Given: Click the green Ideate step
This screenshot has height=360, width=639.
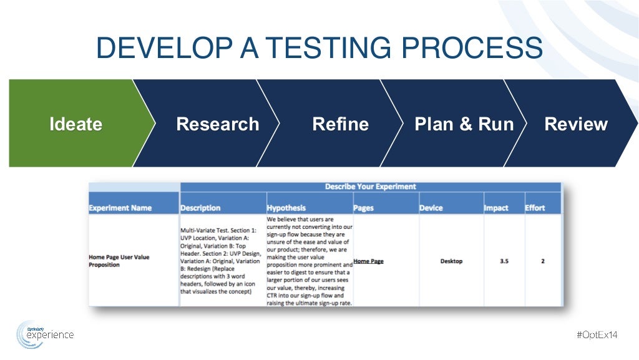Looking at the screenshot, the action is pyautogui.click(x=76, y=124).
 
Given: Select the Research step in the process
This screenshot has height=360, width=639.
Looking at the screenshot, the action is pyautogui.click(x=217, y=124).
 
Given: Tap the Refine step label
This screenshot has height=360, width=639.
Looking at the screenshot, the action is pyautogui.click(x=340, y=124).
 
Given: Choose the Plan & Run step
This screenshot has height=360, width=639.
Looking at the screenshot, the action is pyautogui.click(x=464, y=124).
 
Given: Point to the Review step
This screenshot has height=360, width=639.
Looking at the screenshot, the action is pyautogui.click(x=575, y=124).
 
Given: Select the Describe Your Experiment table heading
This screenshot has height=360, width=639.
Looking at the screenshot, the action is pyautogui.click(x=370, y=187).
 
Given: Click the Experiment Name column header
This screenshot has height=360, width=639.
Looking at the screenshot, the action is pyautogui.click(x=120, y=208).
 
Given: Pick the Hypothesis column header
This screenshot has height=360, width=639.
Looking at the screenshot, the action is pyautogui.click(x=286, y=208).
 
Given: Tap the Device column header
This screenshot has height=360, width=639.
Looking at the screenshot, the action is pyautogui.click(x=431, y=208).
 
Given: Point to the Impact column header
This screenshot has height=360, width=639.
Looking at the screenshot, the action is pyautogui.click(x=496, y=208).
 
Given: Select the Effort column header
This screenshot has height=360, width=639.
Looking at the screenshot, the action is pyautogui.click(x=535, y=208).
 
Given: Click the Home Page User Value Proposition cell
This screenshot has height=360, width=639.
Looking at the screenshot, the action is pyautogui.click(x=119, y=261).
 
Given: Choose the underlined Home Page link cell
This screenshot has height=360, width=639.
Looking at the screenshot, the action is pyautogui.click(x=368, y=261).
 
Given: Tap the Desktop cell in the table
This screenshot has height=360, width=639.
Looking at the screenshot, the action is pyautogui.click(x=451, y=261).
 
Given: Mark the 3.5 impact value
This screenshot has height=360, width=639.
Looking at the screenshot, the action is pyautogui.click(x=504, y=261).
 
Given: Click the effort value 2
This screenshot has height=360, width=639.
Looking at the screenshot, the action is pyautogui.click(x=543, y=261).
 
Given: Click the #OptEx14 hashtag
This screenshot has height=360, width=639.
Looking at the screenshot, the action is pyautogui.click(x=597, y=335).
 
